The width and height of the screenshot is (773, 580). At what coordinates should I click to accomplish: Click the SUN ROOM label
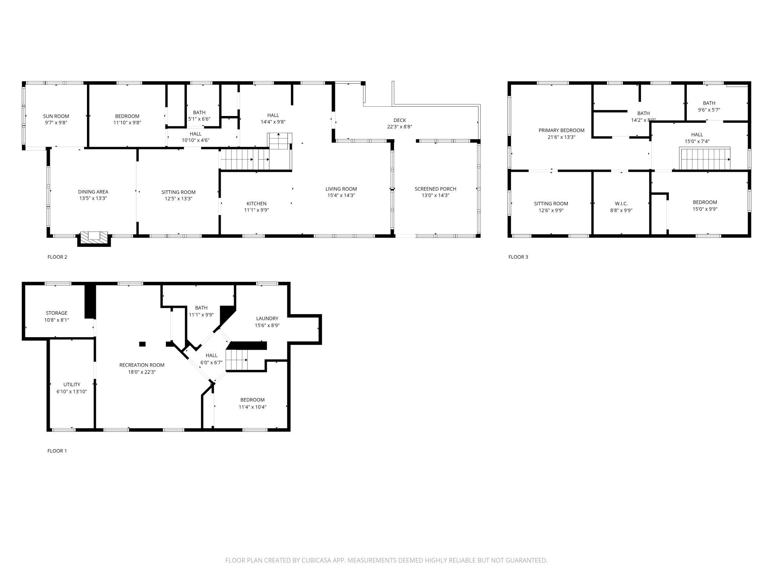(x=56, y=116)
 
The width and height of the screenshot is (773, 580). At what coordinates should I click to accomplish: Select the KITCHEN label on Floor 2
(x=256, y=203)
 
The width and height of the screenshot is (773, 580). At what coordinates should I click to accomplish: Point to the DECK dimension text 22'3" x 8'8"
(x=400, y=127)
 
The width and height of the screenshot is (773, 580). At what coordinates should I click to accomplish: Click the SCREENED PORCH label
(x=435, y=189)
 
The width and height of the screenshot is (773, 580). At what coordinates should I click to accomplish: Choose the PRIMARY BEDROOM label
(x=561, y=130)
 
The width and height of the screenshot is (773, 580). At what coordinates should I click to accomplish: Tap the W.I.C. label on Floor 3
(x=621, y=203)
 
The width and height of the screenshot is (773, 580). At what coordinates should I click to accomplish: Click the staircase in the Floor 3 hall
(x=705, y=159)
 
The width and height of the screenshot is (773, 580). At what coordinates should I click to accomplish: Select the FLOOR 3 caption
(x=518, y=257)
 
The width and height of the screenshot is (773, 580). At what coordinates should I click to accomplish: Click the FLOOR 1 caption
(x=57, y=451)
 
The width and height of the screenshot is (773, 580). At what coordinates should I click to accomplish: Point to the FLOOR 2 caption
(x=57, y=257)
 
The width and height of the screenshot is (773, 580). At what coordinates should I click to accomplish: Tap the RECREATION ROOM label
(x=142, y=365)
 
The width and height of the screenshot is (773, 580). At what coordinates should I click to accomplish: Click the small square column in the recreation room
(x=142, y=344)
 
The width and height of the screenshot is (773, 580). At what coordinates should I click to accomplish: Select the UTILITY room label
(x=72, y=384)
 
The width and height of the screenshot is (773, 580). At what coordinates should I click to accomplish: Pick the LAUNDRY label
(x=267, y=318)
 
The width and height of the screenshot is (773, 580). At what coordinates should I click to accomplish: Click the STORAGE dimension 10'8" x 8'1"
(x=56, y=320)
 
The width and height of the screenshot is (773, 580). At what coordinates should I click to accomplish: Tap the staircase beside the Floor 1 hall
(x=237, y=360)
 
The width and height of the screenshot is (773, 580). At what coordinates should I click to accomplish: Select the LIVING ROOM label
(x=341, y=189)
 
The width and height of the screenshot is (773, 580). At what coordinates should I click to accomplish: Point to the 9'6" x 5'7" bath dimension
(x=709, y=110)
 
